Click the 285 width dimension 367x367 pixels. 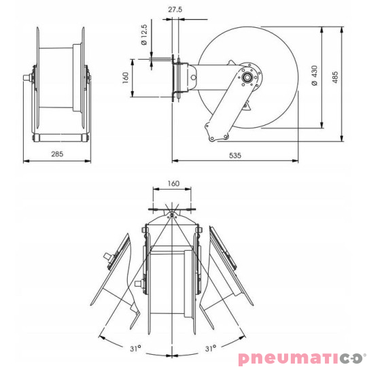click(57, 154)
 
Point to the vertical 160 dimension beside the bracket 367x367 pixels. click(126, 77)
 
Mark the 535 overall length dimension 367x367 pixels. click(234, 155)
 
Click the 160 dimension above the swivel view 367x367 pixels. click(173, 183)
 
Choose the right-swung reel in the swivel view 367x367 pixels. click(228, 268)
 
